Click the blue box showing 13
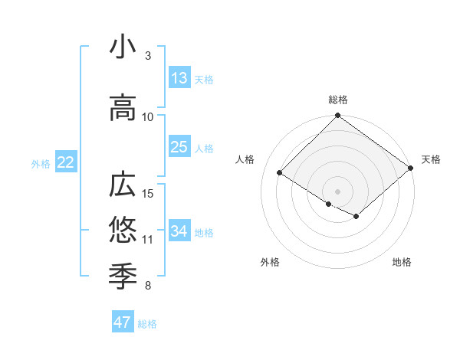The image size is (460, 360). [179, 78]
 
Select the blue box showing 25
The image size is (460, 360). [179, 147]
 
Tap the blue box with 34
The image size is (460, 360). [179, 231]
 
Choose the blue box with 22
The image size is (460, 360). [65, 162]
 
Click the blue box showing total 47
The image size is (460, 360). [123, 322]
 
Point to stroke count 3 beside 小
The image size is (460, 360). [148, 56]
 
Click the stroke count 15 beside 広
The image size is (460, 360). [149, 193]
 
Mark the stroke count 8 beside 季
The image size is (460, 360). [148, 286]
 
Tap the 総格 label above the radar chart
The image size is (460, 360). [337, 100]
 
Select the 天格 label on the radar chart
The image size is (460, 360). [431, 159]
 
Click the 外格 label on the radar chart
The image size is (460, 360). [270, 263]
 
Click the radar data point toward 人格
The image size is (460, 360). [280, 172]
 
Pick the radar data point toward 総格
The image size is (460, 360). [337, 116]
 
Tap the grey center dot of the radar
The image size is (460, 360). [337, 190]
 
